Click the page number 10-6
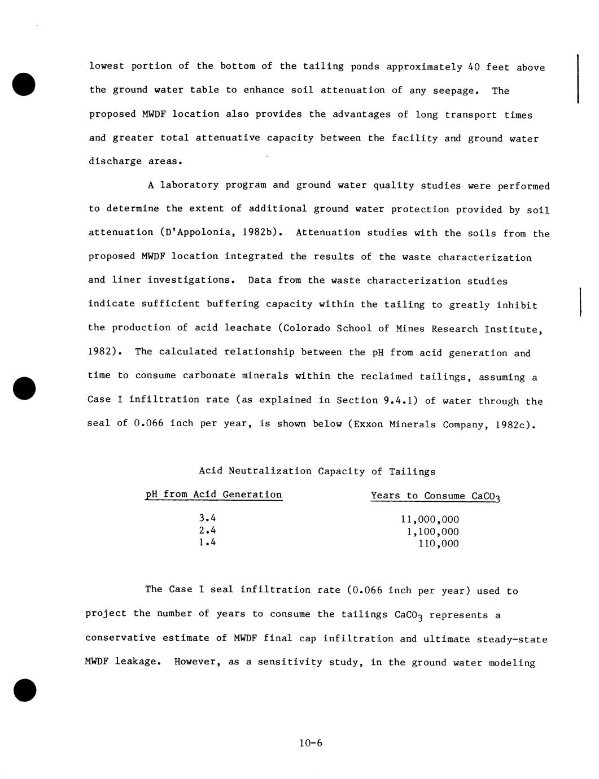click(x=311, y=743)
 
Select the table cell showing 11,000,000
click(x=430, y=519)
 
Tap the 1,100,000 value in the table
click(x=432, y=532)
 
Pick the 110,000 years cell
click(x=438, y=544)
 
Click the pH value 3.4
click(x=207, y=518)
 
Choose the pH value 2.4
click(x=207, y=530)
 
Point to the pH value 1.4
click(x=207, y=542)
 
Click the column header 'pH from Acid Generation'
click(x=213, y=494)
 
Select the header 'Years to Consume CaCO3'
click(x=435, y=496)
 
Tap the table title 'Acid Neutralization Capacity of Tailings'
click(x=317, y=471)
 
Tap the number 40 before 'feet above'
click(x=474, y=67)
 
